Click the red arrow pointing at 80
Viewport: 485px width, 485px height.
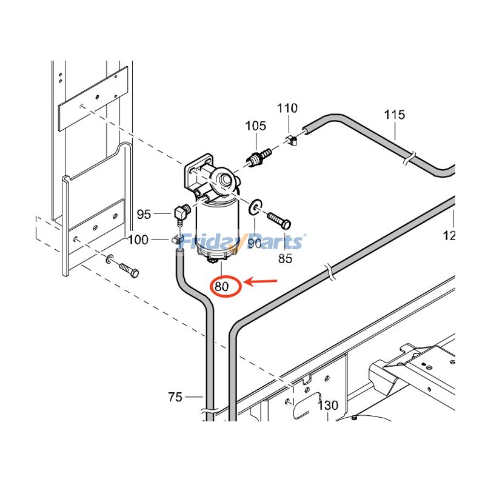(x=260, y=282)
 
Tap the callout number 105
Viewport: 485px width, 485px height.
(x=255, y=126)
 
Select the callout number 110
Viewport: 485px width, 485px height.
(x=287, y=109)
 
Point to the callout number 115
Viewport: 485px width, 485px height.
(x=394, y=115)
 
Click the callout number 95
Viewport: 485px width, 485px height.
(x=144, y=214)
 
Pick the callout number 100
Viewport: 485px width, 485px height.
(x=138, y=240)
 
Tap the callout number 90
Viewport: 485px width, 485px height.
(x=253, y=242)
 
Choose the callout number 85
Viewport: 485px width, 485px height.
(x=284, y=258)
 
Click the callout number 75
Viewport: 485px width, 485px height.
(x=175, y=397)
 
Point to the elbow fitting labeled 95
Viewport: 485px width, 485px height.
(x=181, y=212)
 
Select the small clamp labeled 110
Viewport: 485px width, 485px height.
(x=292, y=141)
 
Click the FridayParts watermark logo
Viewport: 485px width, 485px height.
(x=242, y=242)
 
